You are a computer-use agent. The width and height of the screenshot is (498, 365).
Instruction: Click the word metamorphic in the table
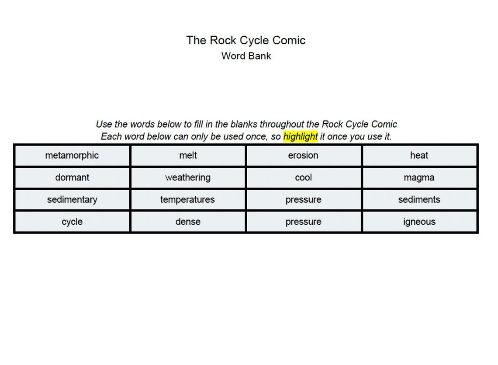click(x=72, y=156)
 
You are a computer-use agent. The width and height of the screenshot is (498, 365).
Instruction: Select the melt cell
click(x=188, y=156)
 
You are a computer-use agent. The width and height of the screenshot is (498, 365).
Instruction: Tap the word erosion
click(x=303, y=156)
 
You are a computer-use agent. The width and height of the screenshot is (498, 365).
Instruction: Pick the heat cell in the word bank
click(x=419, y=156)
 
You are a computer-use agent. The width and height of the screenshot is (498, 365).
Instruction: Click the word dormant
click(x=72, y=177)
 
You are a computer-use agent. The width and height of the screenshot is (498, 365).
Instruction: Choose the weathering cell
click(x=188, y=177)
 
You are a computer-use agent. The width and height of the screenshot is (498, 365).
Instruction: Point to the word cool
click(x=303, y=177)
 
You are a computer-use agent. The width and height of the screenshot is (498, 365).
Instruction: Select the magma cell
click(x=419, y=177)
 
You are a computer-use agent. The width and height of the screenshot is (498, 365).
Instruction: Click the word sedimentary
click(x=72, y=200)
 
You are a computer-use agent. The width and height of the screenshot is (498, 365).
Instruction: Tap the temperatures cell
click(x=188, y=200)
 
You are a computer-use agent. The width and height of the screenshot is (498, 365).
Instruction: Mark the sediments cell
click(x=419, y=200)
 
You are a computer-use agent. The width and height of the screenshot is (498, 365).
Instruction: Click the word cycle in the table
click(x=72, y=222)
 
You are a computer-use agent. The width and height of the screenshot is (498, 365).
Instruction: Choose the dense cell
click(x=188, y=222)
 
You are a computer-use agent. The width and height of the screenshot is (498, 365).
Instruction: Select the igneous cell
click(x=419, y=222)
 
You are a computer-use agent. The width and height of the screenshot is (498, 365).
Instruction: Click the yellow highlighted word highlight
click(x=300, y=136)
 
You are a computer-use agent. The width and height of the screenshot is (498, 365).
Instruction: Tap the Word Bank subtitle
click(x=246, y=56)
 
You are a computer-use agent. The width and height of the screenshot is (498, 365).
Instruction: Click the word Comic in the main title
click(x=289, y=40)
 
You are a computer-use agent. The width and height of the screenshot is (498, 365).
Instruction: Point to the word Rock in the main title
click(x=223, y=40)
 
